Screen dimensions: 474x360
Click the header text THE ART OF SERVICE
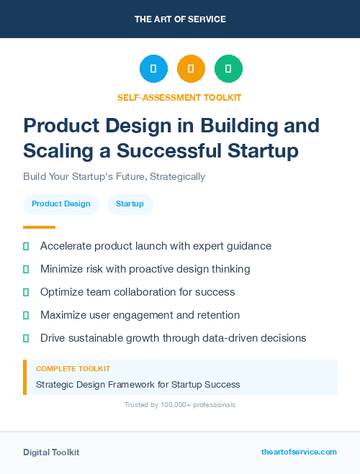coord(180,19)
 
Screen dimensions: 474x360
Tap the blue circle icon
coord(153,69)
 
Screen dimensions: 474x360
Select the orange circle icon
coord(191,69)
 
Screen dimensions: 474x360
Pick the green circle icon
coord(228,69)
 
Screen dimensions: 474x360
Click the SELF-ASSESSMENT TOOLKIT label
coord(179,97)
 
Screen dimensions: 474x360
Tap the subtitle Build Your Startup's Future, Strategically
coord(114,176)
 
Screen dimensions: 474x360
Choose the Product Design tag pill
coord(61,204)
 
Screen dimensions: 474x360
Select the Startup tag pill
coord(130,204)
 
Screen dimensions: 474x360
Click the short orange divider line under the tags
coord(39,227)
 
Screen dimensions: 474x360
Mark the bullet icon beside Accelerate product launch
coord(26,246)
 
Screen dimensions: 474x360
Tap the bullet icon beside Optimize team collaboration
coord(26,292)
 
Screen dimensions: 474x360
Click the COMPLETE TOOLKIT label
coord(73,368)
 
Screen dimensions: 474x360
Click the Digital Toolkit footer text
coord(51,452)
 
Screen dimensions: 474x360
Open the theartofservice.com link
coord(299,452)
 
